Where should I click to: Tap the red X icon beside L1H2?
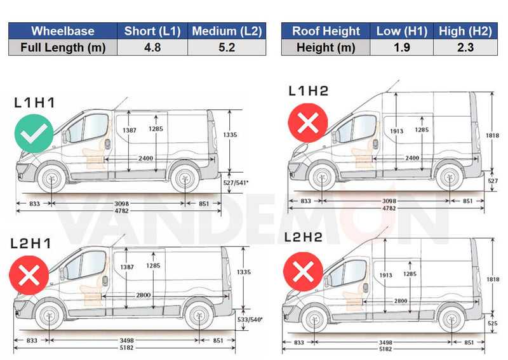308,123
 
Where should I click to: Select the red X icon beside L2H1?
29,275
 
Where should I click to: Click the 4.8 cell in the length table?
152,47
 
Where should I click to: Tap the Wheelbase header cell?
63,30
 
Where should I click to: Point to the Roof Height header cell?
326,30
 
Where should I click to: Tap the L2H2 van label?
304,238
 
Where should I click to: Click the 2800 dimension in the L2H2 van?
401,300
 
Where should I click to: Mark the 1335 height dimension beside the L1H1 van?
231,135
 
